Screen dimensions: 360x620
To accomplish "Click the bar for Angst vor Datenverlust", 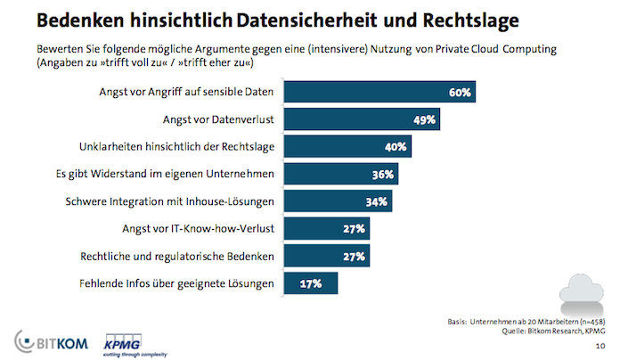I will pyautogui.click(x=362, y=119).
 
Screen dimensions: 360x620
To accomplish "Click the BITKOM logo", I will pyautogui.click(x=48, y=340).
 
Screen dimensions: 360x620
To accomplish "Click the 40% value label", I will pyautogui.click(x=396, y=147).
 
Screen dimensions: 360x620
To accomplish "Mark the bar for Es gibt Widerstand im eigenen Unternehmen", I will pyautogui.click(x=340, y=175).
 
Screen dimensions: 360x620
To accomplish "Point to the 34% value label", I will pyautogui.click(x=377, y=202).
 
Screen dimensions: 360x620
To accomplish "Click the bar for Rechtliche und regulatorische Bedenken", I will pyautogui.click(x=326, y=257).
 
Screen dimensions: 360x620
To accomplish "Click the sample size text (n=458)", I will pyautogui.click(x=583, y=320).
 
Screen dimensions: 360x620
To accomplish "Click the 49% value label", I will pyautogui.click(x=424, y=119).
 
